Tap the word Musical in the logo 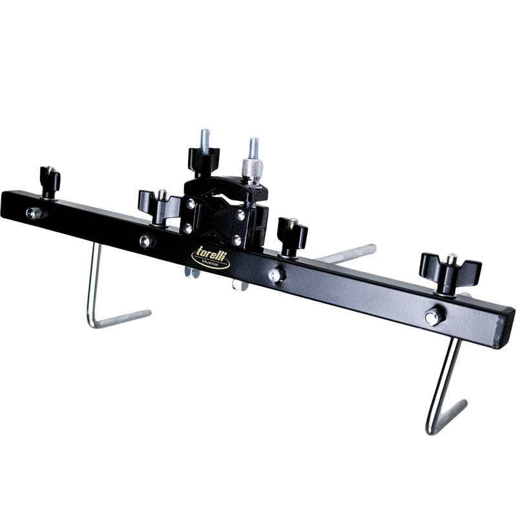click(x=211, y=262)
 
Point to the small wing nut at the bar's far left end click(x=50, y=182)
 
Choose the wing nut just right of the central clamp click(x=293, y=236)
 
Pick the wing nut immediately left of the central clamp click(x=159, y=207)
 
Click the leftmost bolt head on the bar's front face click(x=34, y=213)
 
